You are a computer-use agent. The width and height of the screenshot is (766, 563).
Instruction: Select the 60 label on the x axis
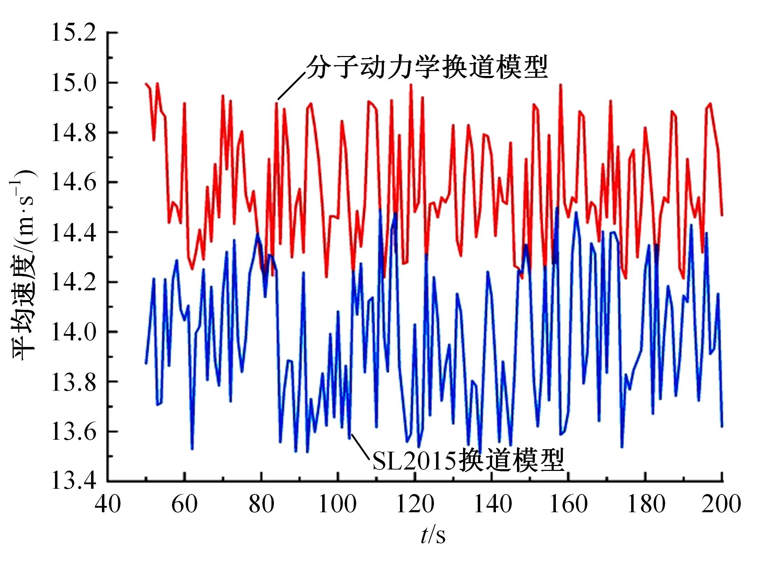tap(185, 505)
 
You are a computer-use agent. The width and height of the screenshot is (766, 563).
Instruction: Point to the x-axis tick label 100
tap(338, 505)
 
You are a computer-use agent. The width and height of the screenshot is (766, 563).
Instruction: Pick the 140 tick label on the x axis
tap(492, 505)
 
